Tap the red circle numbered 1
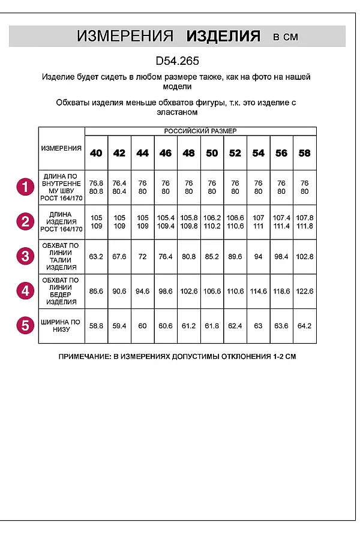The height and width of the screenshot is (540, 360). [25, 188]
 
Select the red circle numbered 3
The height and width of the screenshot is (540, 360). [25, 256]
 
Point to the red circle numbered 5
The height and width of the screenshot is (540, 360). [25, 326]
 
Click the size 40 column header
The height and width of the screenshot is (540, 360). [96, 153]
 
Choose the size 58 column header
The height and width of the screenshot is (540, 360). [305, 153]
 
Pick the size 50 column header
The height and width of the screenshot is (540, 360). [212, 153]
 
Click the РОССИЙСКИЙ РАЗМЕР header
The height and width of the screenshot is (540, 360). [200, 131]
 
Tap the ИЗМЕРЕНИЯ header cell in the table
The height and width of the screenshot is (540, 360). [61, 148]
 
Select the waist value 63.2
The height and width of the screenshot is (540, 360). [96, 257]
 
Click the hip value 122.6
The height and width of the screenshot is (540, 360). [305, 291]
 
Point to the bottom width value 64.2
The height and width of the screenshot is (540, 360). [305, 326]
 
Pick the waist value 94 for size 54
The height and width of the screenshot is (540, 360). [258, 257]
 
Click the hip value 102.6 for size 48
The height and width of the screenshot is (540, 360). [188, 291]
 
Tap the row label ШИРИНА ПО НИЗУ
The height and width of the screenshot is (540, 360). [61, 326]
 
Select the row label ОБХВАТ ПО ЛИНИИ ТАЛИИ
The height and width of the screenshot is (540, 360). [61, 256]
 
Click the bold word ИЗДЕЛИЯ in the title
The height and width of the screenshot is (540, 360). [223, 36]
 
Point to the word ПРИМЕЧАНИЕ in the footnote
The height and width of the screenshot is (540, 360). [84, 356]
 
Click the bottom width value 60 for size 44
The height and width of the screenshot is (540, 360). [142, 326]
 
